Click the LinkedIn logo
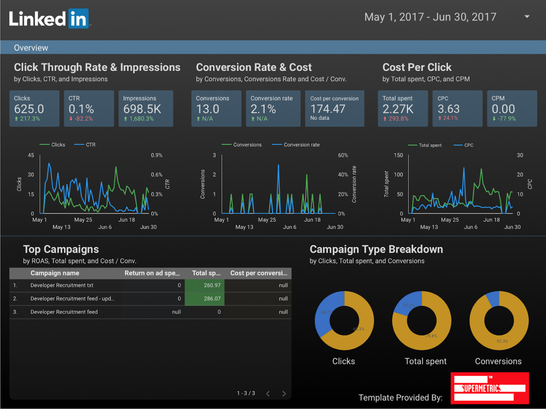pyautogui.click(x=49, y=19)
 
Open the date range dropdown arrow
pyautogui.click(x=527, y=17)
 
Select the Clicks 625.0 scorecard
pyautogui.click(x=34, y=108)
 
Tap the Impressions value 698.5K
pyautogui.click(x=142, y=109)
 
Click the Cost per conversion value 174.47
pyautogui.click(x=328, y=109)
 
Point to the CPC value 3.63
pyautogui.click(x=449, y=109)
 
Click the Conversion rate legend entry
pyautogui.click(x=301, y=145)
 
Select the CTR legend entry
pyautogui.click(x=90, y=145)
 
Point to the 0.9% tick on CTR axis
pyautogui.click(x=156, y=155)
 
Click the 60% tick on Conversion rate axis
pyautogui.click(x=343, y=155)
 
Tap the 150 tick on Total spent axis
pyautogui.click(x=398, y=155)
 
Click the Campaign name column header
pyautogui.click(x=55, y=273)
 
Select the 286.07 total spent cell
pyautogui.click(x=212, y=299)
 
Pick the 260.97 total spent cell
pyautogui.click(x=212, y=285)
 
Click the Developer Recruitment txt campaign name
pyautogui.click(x=62, y=285)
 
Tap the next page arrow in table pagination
pyautogui.click(x=284, y=393)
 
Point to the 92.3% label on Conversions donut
pyautogui.click(x=502, y=341)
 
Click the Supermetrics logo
pyautogui.click(x=489, y=388)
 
